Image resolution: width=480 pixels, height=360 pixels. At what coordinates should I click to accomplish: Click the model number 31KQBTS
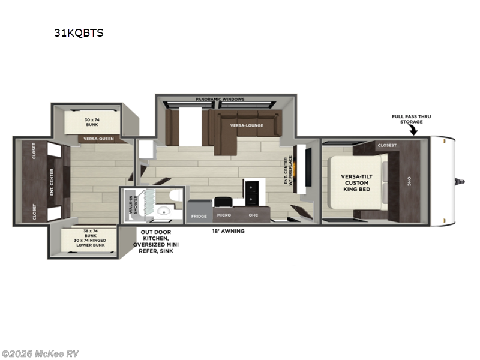point(79,33)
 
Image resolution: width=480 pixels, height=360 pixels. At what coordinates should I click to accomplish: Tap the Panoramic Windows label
point(220,99)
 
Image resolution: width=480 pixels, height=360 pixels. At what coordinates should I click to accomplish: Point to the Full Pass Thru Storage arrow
point(415,131)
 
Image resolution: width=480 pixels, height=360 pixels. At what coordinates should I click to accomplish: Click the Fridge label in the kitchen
point(199,215)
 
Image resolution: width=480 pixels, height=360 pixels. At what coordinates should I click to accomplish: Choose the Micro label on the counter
point(224,215)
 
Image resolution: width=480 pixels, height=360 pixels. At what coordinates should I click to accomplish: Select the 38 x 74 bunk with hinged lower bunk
point(91,241)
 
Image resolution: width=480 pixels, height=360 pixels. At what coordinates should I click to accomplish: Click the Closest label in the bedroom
point(387,145)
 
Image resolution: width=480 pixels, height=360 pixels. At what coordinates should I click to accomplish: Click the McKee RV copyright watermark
point(40,353)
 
